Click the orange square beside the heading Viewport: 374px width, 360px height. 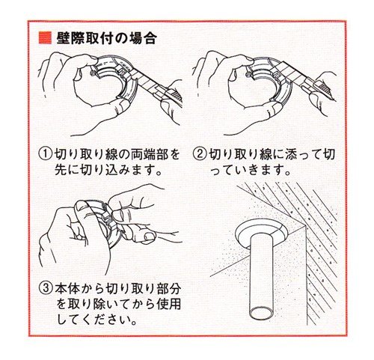[45, 38]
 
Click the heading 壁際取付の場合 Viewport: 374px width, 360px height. [107, 38]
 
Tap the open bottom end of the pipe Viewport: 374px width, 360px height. [262, 313]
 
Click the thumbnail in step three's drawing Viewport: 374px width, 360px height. [149, 236]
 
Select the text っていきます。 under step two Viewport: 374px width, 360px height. [251, 171]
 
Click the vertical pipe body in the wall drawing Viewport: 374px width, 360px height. [262, 275]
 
